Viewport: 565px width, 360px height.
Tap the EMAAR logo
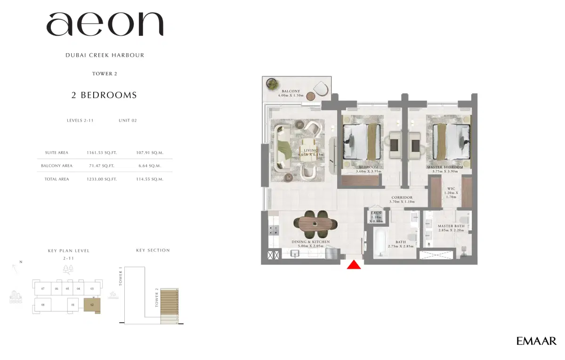coord(536,341)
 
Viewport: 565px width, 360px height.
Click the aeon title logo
coord(105,25)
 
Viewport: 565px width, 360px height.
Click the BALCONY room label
coord(291,91)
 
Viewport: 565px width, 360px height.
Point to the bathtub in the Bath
coord(387,241)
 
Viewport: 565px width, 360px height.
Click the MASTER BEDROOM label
coord(445,167)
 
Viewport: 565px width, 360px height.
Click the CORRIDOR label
coord(401,197)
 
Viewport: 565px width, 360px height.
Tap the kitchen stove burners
coord(273,229)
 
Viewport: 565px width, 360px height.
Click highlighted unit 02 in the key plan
coord(92,305)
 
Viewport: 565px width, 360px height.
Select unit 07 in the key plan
coord(42,288)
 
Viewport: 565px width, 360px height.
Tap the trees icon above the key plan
coord(68,269)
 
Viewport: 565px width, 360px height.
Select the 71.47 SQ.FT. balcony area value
coord(102,166)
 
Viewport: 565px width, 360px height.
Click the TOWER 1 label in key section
coord(121,277)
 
